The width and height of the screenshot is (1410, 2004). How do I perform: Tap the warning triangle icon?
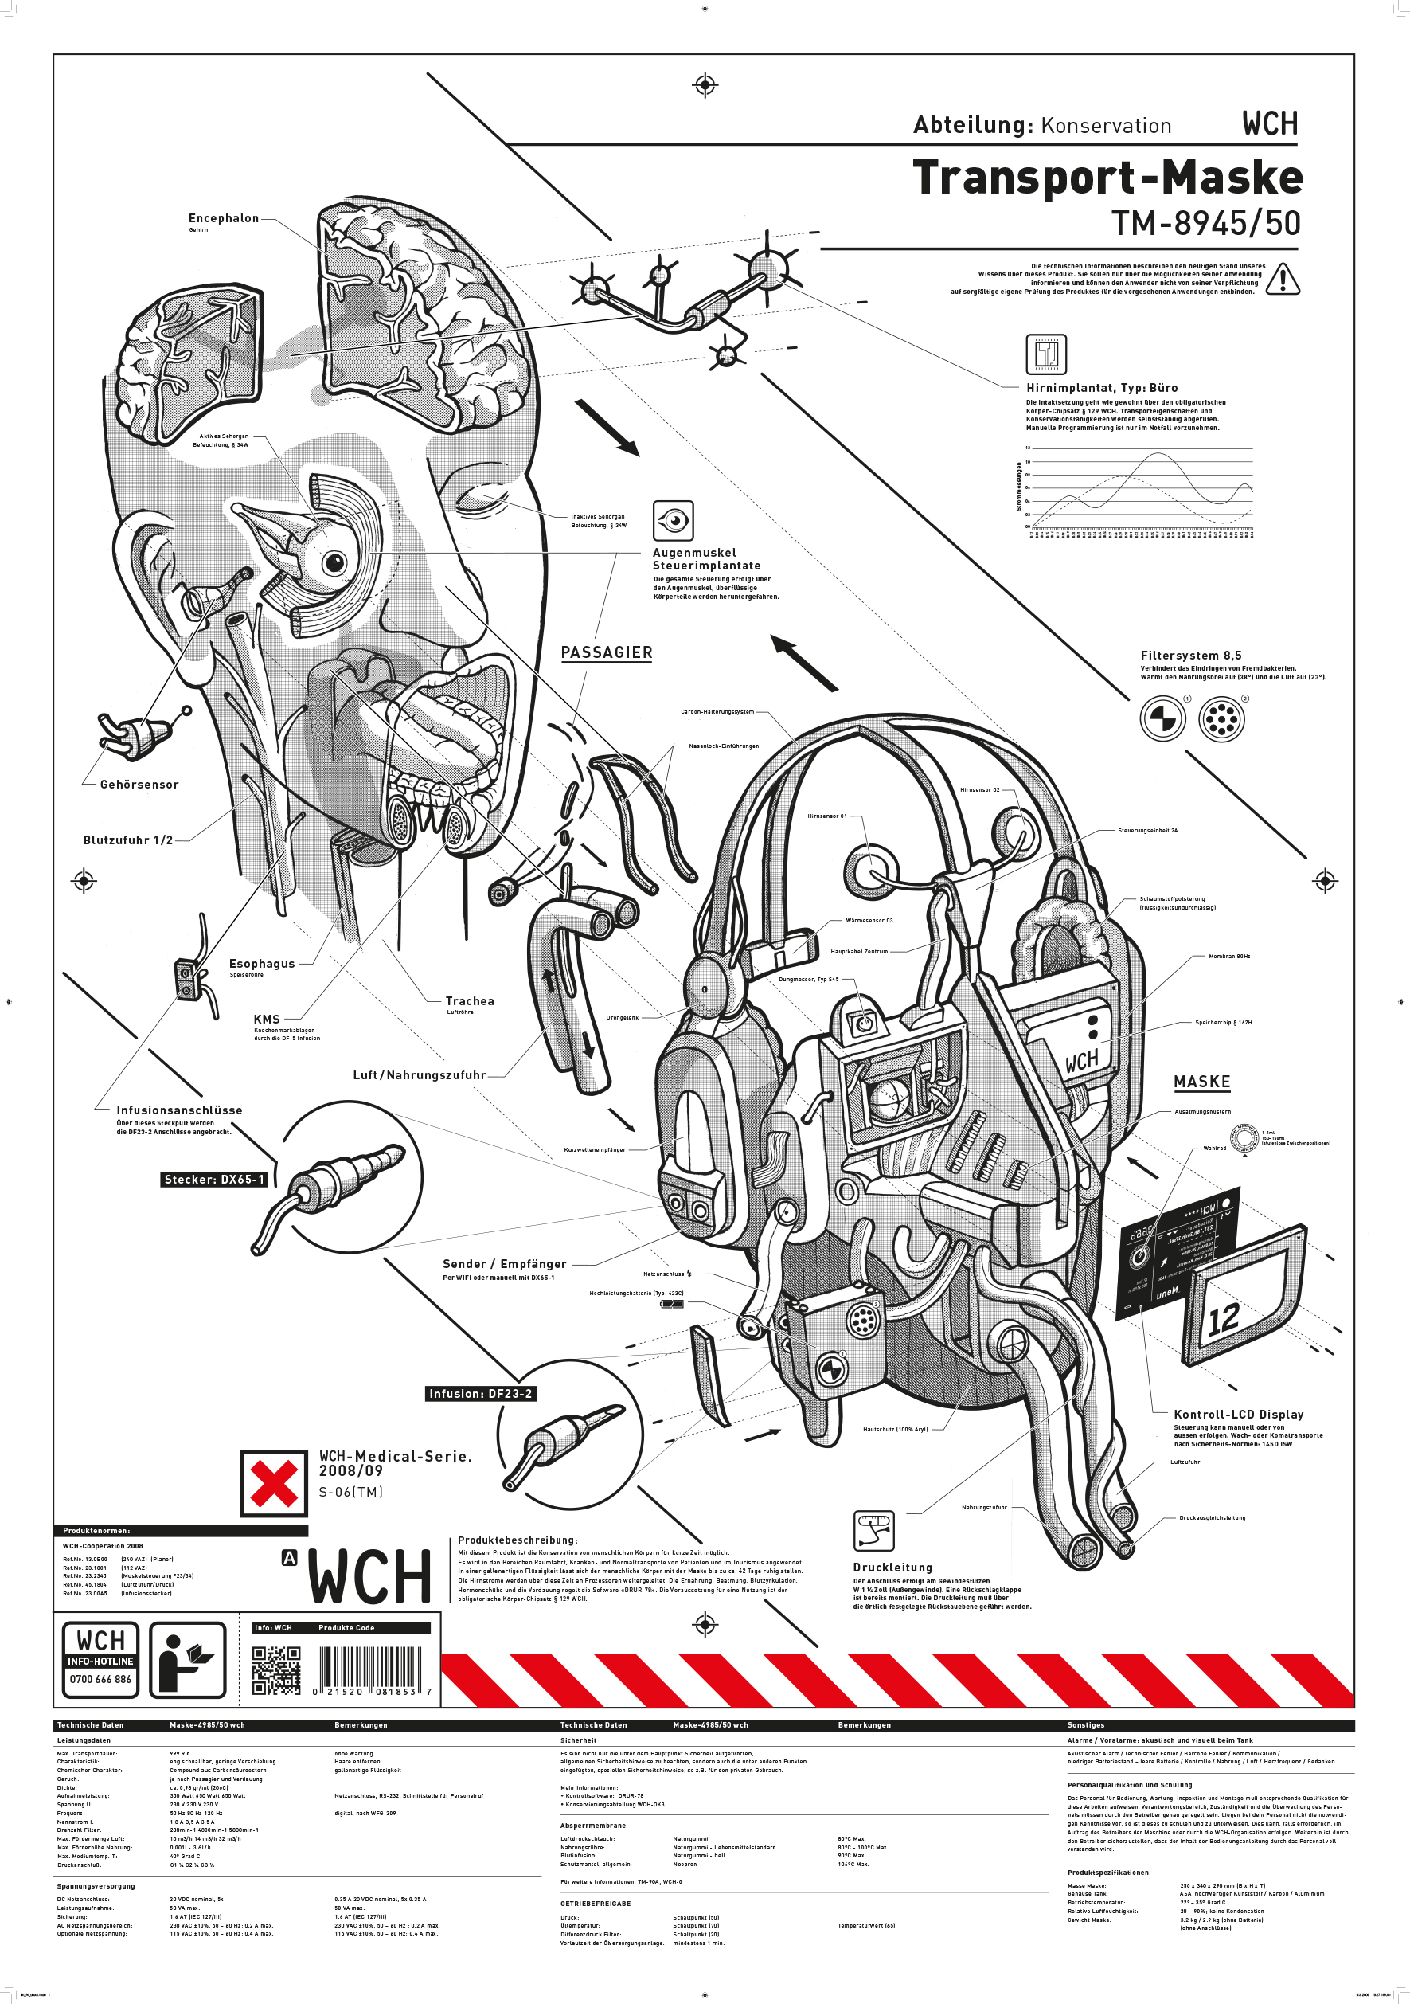point(1283,280)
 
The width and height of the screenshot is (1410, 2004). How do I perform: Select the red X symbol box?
point(274,1483)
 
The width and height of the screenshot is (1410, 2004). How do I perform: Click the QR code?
point(276,1670)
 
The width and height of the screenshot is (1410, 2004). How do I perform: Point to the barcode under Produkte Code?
point(370,1670)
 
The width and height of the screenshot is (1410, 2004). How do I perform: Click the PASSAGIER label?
point(607,653)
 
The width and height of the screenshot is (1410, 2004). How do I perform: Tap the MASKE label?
point(1201,1082)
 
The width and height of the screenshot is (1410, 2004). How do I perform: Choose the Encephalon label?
point(224,218)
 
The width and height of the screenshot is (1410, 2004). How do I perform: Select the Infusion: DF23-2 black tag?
point(480,1394)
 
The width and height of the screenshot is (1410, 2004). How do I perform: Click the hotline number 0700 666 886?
point(100,1679)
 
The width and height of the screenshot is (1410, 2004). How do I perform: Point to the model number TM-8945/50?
point(1206,224)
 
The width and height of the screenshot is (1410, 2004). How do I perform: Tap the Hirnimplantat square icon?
point(1045,354)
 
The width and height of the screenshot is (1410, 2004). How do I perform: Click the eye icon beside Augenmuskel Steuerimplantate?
point(673,521)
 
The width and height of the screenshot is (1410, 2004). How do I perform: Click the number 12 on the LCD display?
point(1223,1319)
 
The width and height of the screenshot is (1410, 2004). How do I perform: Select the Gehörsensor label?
point(139,785)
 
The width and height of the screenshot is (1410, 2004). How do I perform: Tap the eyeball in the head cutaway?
point(334,562)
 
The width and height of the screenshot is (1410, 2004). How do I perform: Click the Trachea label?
point(470,1001)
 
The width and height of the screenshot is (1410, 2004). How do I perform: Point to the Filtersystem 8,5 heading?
point(1190,656)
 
